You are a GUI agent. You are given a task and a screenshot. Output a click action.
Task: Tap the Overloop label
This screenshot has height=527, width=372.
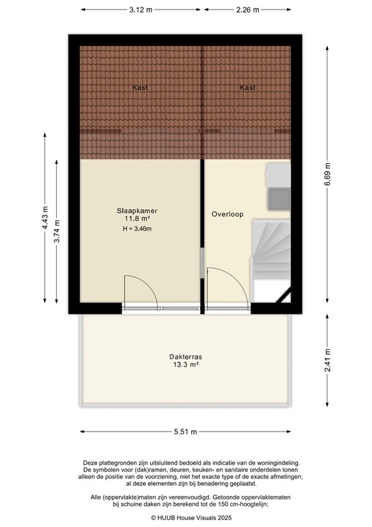[x=227, y=214]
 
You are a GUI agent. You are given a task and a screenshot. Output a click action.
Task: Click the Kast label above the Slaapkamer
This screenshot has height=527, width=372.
[x=140, y=88]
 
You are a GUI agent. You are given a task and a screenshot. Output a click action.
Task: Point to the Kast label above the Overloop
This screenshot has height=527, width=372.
[x=248, y=88]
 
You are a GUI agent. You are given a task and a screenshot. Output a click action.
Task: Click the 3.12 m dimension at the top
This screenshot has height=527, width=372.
[x=140, y=10]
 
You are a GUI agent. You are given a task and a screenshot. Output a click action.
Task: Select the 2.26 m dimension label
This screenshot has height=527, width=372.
[x=247, y=10]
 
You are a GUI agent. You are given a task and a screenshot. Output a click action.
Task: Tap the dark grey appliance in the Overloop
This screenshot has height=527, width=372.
[x=279, y=200]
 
